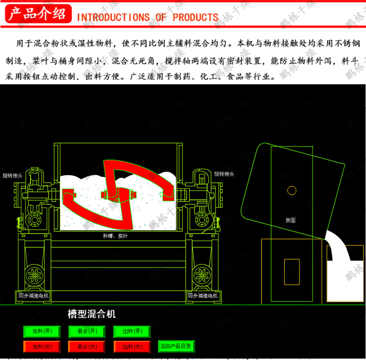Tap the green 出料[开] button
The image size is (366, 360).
tap(132, 331)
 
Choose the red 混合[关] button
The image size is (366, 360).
tap(87, 347)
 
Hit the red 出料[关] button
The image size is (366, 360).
tap(132, 347)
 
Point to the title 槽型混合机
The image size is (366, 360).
tap(91, 314)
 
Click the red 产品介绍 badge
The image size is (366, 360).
tap(38, 14)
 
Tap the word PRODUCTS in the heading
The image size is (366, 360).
tap(195, 17)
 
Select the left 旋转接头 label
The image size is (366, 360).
tap(12, 175)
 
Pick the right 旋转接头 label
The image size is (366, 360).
tap(224, 174)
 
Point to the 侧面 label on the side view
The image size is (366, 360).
tap(291, 220)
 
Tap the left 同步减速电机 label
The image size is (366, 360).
tap(34, 296)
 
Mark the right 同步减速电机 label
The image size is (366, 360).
tap(203, 296)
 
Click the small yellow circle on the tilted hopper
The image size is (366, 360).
tap(291, 190)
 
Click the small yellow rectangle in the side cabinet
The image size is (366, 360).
tap(291, 270)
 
